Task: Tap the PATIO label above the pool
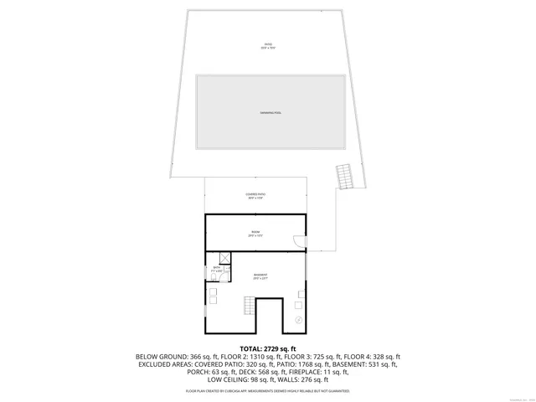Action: click(268, 46)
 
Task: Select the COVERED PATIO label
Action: click(255, 196)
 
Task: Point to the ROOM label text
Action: click(255, 234)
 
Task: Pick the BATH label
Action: click(216, 269)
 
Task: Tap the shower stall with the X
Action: click(224, 258)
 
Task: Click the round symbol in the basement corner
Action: click(299, 320)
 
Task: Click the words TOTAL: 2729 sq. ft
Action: click(268, 348)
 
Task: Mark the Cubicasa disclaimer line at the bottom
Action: click(268, 391)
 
